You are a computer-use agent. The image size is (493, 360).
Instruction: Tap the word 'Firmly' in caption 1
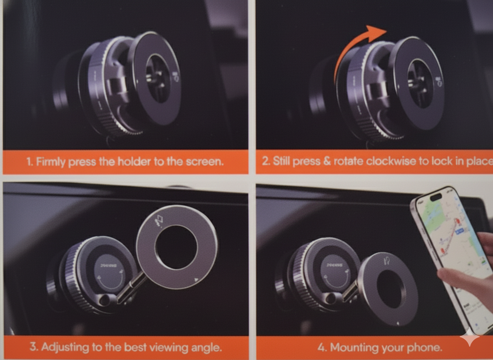coord(51,162)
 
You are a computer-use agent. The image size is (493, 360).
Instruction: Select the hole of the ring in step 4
coord(389,289)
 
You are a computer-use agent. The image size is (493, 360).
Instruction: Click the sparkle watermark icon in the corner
coord(470,337)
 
